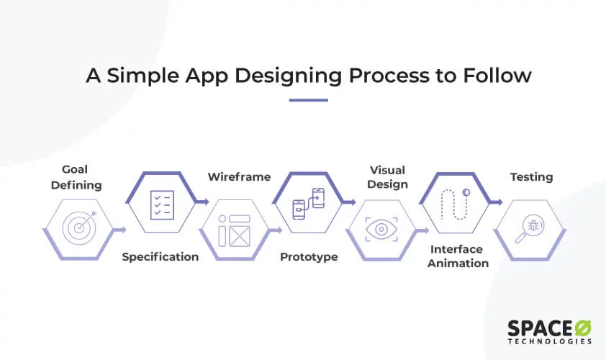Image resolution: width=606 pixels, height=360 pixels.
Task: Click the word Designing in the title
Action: [x=267, y=76]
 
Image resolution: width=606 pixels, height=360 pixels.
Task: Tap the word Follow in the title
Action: [x=496, y=76]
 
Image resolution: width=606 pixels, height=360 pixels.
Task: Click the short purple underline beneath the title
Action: [x=308, y=100]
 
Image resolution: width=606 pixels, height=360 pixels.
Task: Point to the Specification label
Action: [x=160, y=257]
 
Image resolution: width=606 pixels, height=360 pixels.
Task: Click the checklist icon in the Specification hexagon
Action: [x=160, y=204]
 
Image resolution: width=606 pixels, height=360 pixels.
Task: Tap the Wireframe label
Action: [x=239, y=176]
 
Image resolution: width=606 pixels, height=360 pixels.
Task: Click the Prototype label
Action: [x=309, y=257]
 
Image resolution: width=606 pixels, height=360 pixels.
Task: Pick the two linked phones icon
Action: [x=308, y=204]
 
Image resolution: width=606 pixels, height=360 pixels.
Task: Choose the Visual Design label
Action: [x=387, y=177]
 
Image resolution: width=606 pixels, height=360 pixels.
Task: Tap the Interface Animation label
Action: [x=459, y=256]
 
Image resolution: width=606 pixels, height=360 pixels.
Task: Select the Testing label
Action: [x=531, y=176]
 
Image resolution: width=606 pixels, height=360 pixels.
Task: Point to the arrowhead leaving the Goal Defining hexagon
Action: [x=124, y=230]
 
